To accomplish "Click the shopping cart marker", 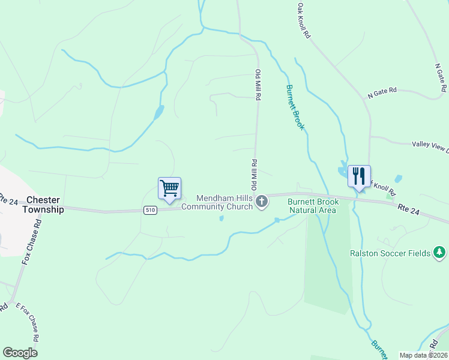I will coord(169,188).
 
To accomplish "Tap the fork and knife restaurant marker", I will coord(359,176).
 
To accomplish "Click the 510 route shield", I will coord(151,210).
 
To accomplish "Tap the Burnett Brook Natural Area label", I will coord(313,206).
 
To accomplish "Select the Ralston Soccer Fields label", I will coord(390,253).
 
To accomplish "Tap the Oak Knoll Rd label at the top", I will coord(303,20).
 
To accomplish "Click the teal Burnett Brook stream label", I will coord(295,107).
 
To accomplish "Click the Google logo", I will coord(20,353).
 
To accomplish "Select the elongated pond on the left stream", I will coord(158,112).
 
